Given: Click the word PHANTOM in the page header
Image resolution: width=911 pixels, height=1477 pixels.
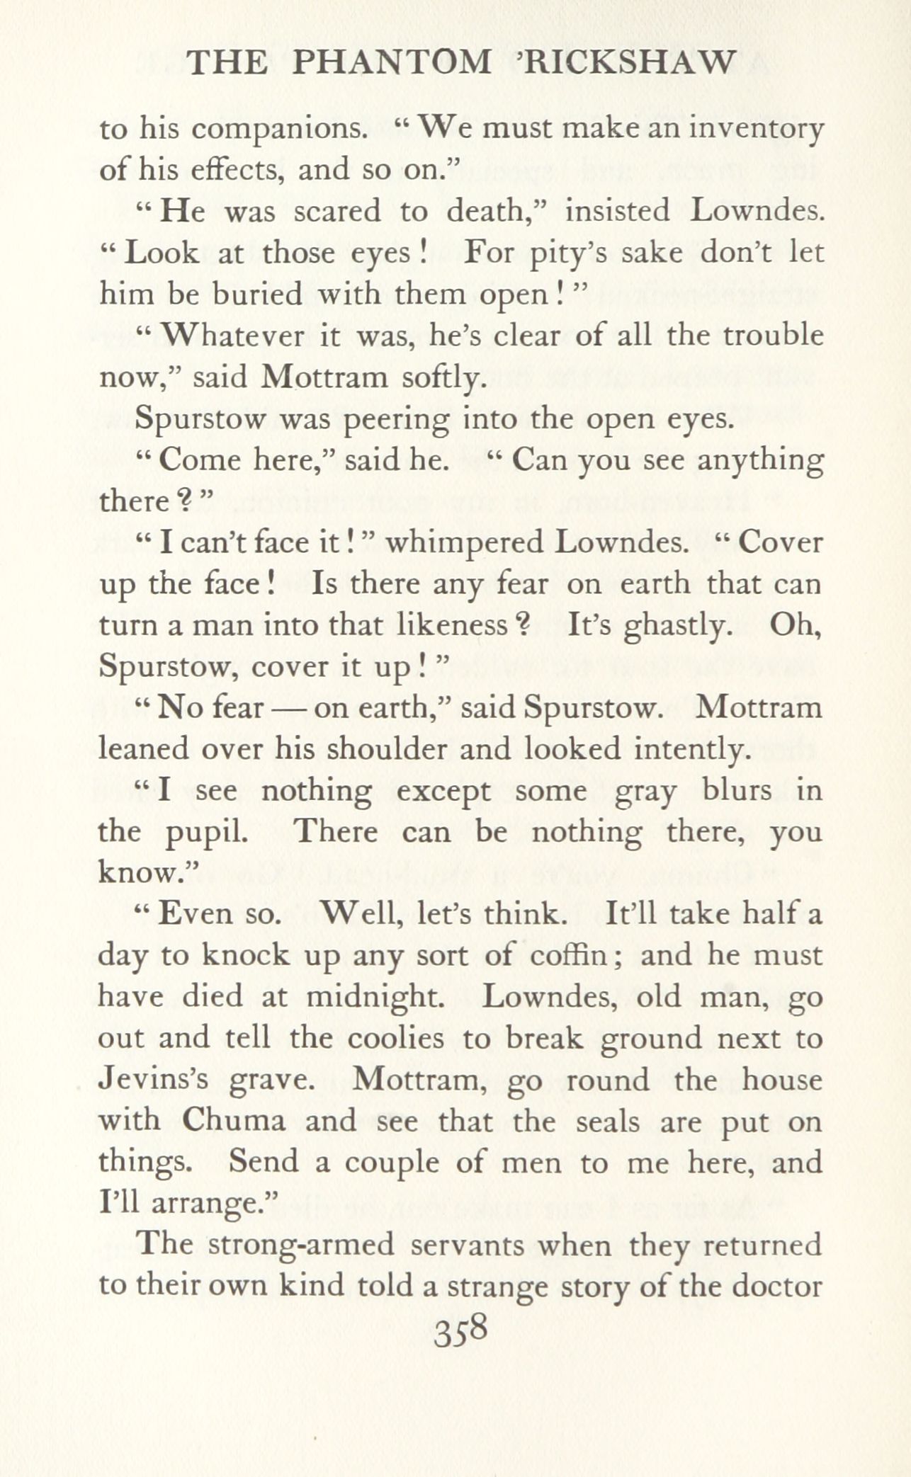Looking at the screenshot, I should pyautogui.click(x=392, y=63).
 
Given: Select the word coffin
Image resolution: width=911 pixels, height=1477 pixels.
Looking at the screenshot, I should pyautogui.click(x=570, y=955).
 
